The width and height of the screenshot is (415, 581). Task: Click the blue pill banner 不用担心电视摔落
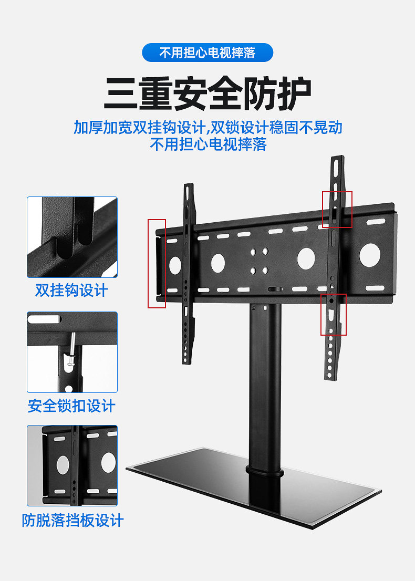pos(207,53)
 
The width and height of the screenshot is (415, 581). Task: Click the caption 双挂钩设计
pos(71,290)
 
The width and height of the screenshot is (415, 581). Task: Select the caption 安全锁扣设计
pos(71,406)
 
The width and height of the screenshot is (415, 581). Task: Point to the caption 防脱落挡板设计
pos(72,521)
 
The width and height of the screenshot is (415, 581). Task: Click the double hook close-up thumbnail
pos(72,237)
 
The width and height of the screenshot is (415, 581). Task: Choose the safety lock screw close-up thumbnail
pos(72,352)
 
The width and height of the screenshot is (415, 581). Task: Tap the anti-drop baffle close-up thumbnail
pos(72,465)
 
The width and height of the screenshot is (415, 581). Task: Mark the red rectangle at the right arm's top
pos(337,209)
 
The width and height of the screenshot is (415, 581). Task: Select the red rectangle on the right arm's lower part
pos(334,314)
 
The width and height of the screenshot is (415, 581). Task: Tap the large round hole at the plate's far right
pos(369,254)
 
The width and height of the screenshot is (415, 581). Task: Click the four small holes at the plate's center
pos(258,261)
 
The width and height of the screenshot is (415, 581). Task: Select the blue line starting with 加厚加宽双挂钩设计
pos(207,128)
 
